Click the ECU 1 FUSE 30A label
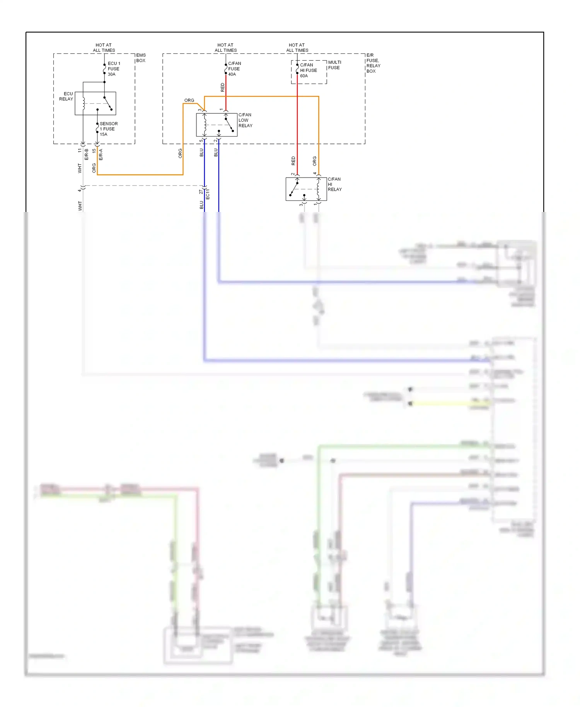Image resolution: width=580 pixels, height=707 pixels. [x=114, y=69]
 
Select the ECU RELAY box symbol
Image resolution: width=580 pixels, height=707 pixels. [x=96, y=103]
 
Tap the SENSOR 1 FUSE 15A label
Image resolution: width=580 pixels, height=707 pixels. [x=108, y=129]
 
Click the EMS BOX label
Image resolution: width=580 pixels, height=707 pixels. [x=141, y=58]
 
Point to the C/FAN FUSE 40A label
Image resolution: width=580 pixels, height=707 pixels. [x=234, y=69]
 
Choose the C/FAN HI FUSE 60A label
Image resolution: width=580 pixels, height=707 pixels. [x=308, y=70]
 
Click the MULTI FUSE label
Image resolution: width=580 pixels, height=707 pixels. [x=334, y=65]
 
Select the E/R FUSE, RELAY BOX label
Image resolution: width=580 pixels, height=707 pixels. [x=373, y=63]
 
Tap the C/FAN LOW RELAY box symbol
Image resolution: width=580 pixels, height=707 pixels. [x=217, y=125]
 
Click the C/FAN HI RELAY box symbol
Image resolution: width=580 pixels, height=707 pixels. [x=306, y=189]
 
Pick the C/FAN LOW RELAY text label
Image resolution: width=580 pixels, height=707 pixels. [x=245, y=120]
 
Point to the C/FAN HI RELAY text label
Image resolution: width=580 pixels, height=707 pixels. [x=334, y=184]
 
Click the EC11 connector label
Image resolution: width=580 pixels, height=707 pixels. [x=208, y=194]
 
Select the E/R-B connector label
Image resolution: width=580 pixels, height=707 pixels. [x=87, y=154]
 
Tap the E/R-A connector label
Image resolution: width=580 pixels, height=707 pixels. [x=101, y=154]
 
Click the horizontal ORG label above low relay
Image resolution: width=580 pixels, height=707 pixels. [x=189, y=100]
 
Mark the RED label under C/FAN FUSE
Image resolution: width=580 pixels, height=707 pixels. [x=222, y=87]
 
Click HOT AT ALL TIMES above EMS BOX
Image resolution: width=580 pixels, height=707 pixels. [x=104, y=48]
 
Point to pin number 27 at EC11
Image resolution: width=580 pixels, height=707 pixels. [x=201, y=192]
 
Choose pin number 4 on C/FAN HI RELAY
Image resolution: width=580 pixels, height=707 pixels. [x=315, y=174]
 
